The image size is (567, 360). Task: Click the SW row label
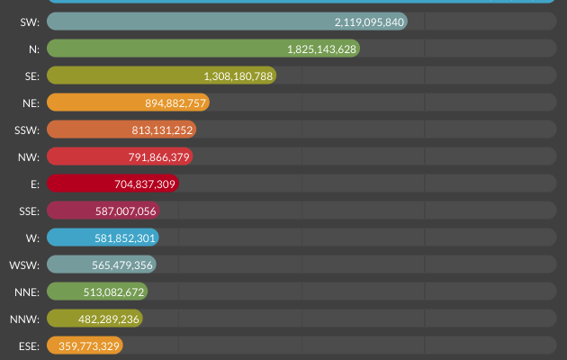point(29,22)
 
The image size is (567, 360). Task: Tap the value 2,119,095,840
point(369,22)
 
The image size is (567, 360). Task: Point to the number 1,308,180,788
point(238,76)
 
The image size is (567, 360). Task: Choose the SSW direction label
point(27,130)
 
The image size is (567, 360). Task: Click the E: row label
point(33,184)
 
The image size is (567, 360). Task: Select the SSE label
point(28,211)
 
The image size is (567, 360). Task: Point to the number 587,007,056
point(126,211)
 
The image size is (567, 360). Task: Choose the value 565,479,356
point(121,265)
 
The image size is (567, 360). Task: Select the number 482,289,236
point(108,319)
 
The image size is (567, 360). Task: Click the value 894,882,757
point(176,103)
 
